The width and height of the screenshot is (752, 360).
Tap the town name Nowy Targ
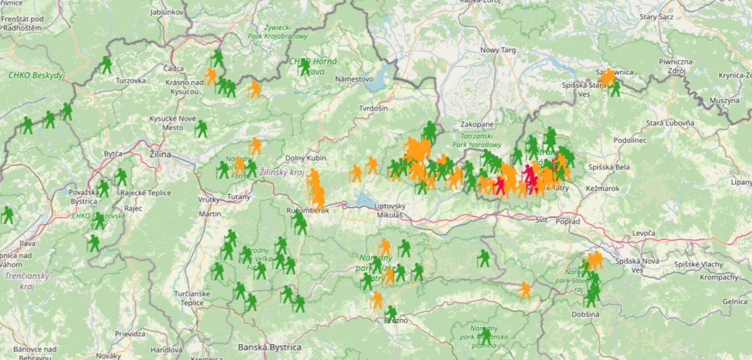(498, 50)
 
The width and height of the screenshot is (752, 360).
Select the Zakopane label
(477, 124)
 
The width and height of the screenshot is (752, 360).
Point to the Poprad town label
(568, 221)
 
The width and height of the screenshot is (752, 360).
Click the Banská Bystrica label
(270, 347)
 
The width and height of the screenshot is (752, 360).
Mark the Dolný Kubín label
(306, 158)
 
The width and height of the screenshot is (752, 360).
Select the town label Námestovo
(354, 79)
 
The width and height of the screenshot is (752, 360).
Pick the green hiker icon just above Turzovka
(106, 64)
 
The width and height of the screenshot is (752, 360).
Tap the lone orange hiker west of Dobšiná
(524, 290)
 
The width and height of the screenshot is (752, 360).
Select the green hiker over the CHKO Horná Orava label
(304, 67)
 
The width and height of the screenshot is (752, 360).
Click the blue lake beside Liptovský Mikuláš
(363, 199)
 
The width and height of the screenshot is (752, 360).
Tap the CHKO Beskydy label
(35, 75)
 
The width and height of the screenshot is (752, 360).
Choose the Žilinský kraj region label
(281, 172)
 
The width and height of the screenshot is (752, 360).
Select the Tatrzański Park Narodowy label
(477, 141)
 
